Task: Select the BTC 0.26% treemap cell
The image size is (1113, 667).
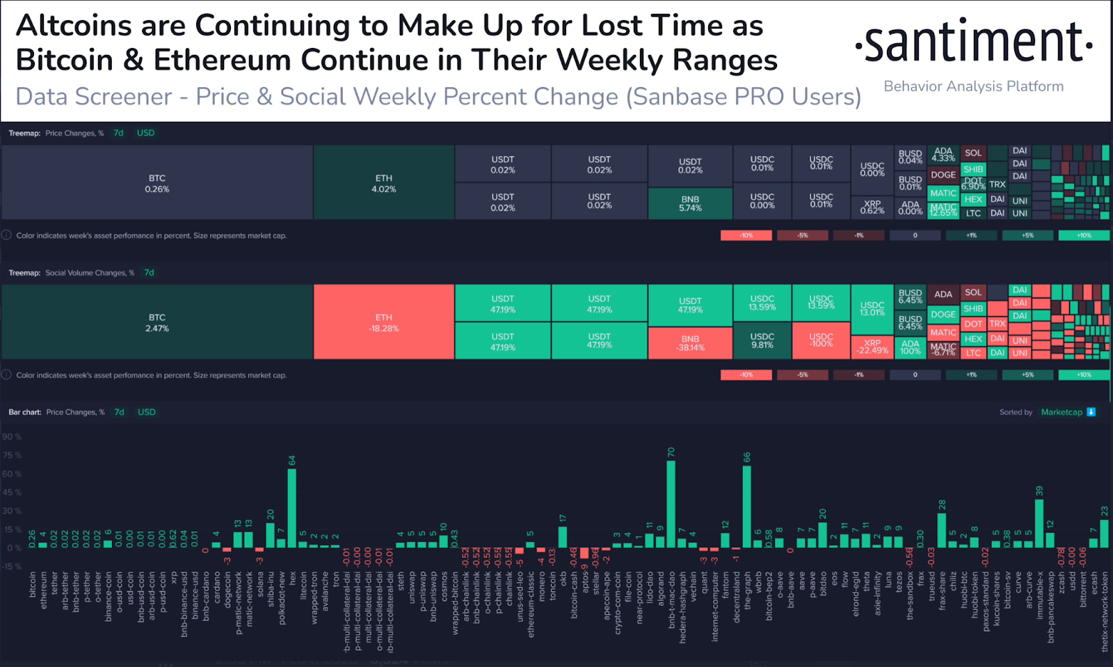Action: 157,183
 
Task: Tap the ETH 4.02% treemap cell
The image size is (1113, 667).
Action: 384,183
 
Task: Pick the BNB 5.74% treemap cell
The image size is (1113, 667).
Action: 690,203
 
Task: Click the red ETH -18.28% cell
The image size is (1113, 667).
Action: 384,322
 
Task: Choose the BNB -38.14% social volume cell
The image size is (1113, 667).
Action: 690,343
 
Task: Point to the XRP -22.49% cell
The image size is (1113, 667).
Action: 872,346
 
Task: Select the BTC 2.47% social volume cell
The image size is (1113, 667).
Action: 157,322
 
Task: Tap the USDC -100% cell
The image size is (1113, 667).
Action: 821,340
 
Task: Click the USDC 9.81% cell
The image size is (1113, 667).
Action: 762,340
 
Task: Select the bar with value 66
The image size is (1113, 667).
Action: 746,505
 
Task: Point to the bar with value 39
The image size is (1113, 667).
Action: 1039,522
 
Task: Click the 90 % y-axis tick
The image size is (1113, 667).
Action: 12,437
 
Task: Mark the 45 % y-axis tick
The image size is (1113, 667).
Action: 12,492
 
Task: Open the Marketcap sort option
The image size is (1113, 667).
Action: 1062,412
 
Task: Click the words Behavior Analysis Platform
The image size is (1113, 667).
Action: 973,86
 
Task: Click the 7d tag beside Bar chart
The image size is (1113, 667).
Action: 120,412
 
